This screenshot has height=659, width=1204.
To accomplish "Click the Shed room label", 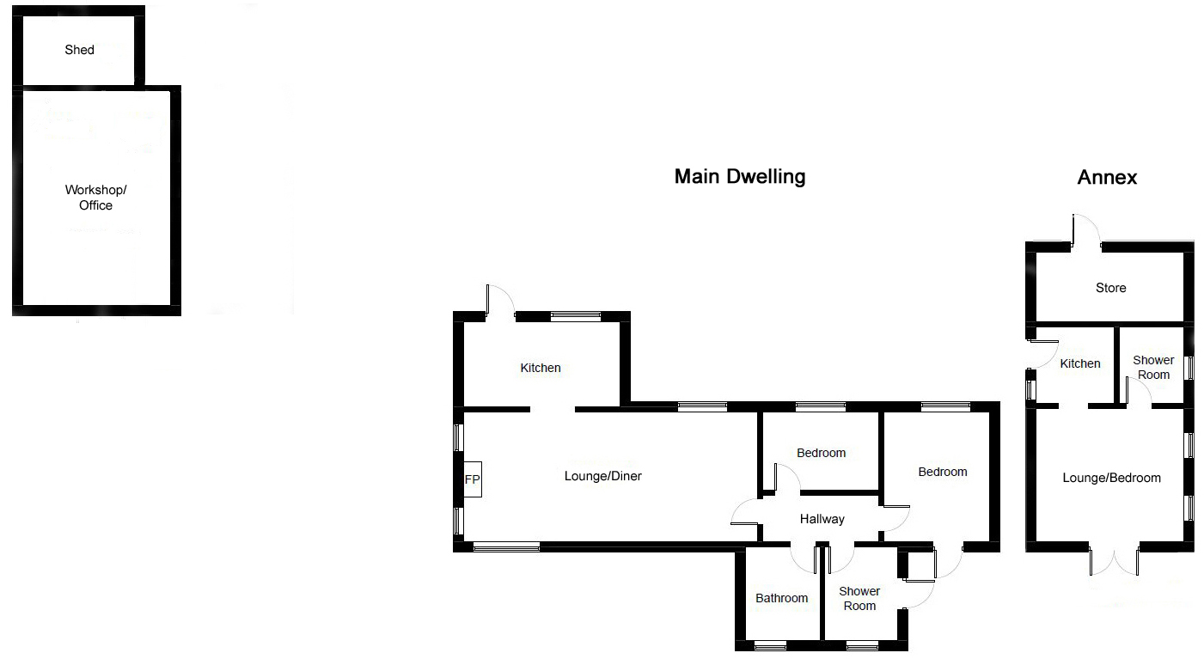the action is (80, 50).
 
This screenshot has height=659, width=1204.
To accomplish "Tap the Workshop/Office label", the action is (95, 198).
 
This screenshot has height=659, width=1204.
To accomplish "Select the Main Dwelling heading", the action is (740, 176).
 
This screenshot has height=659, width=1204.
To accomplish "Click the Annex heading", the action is (1107, 177).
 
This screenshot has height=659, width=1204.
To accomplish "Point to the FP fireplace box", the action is (473, 479).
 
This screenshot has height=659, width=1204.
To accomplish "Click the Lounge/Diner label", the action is (602, 476).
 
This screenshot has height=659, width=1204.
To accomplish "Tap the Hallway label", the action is (822, 519).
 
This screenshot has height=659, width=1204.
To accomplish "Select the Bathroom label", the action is (781, 598).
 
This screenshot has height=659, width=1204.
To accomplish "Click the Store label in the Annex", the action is (1110, 288).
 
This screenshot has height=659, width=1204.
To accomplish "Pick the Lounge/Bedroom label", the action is (1111, 478).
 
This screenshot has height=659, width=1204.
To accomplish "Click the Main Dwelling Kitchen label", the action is (541, 368).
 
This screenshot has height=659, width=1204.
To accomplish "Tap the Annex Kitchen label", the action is (1080, 363).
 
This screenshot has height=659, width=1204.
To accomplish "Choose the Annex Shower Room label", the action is (1153, 367).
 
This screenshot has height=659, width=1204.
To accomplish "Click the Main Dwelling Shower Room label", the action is (859, 598).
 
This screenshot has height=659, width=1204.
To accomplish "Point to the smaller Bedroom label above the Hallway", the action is (821, 453).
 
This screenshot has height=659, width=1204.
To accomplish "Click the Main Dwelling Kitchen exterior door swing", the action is (501, 301).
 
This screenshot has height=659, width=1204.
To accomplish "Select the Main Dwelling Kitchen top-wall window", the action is (576, 316).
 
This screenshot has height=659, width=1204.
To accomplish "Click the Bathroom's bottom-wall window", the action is (770, 646).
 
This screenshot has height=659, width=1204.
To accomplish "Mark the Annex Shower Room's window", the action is (1189, 369).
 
